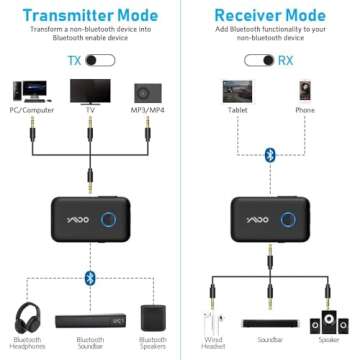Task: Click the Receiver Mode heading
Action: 270,16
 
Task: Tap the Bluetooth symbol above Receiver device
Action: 268,154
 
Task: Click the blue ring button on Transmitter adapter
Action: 126,220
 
